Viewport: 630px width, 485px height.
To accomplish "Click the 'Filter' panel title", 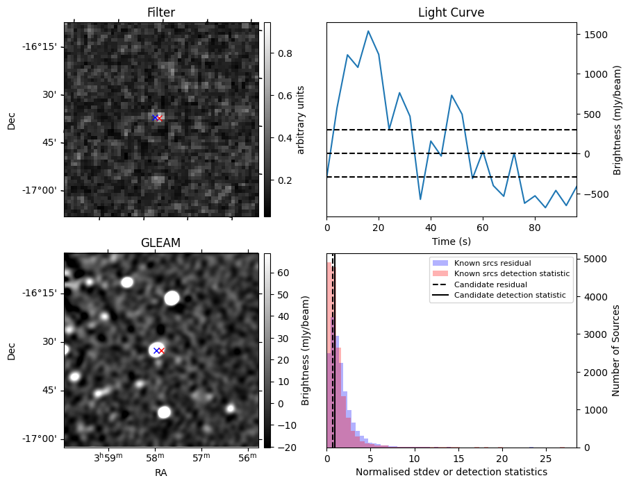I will tap(160, 12).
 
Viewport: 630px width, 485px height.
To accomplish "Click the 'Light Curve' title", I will tap(451, 12).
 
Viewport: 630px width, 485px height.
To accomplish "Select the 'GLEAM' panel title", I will tap(160, 243).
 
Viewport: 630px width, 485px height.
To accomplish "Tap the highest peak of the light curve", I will tap(368, 31).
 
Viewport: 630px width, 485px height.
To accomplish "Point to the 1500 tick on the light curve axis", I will tap(594, 35).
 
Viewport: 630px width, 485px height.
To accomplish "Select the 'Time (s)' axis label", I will tap(451, 240).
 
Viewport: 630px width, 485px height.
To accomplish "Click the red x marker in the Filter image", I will tap(159, 118).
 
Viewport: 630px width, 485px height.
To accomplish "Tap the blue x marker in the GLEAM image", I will tap(156, 350).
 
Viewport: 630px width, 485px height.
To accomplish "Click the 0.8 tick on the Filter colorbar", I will tap(278, 53).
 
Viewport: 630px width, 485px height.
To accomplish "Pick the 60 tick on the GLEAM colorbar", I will tap(278, 273).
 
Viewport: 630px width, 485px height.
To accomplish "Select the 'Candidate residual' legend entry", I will tap(490, 284).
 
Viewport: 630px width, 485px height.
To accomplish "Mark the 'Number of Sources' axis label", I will tap(616, 350).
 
